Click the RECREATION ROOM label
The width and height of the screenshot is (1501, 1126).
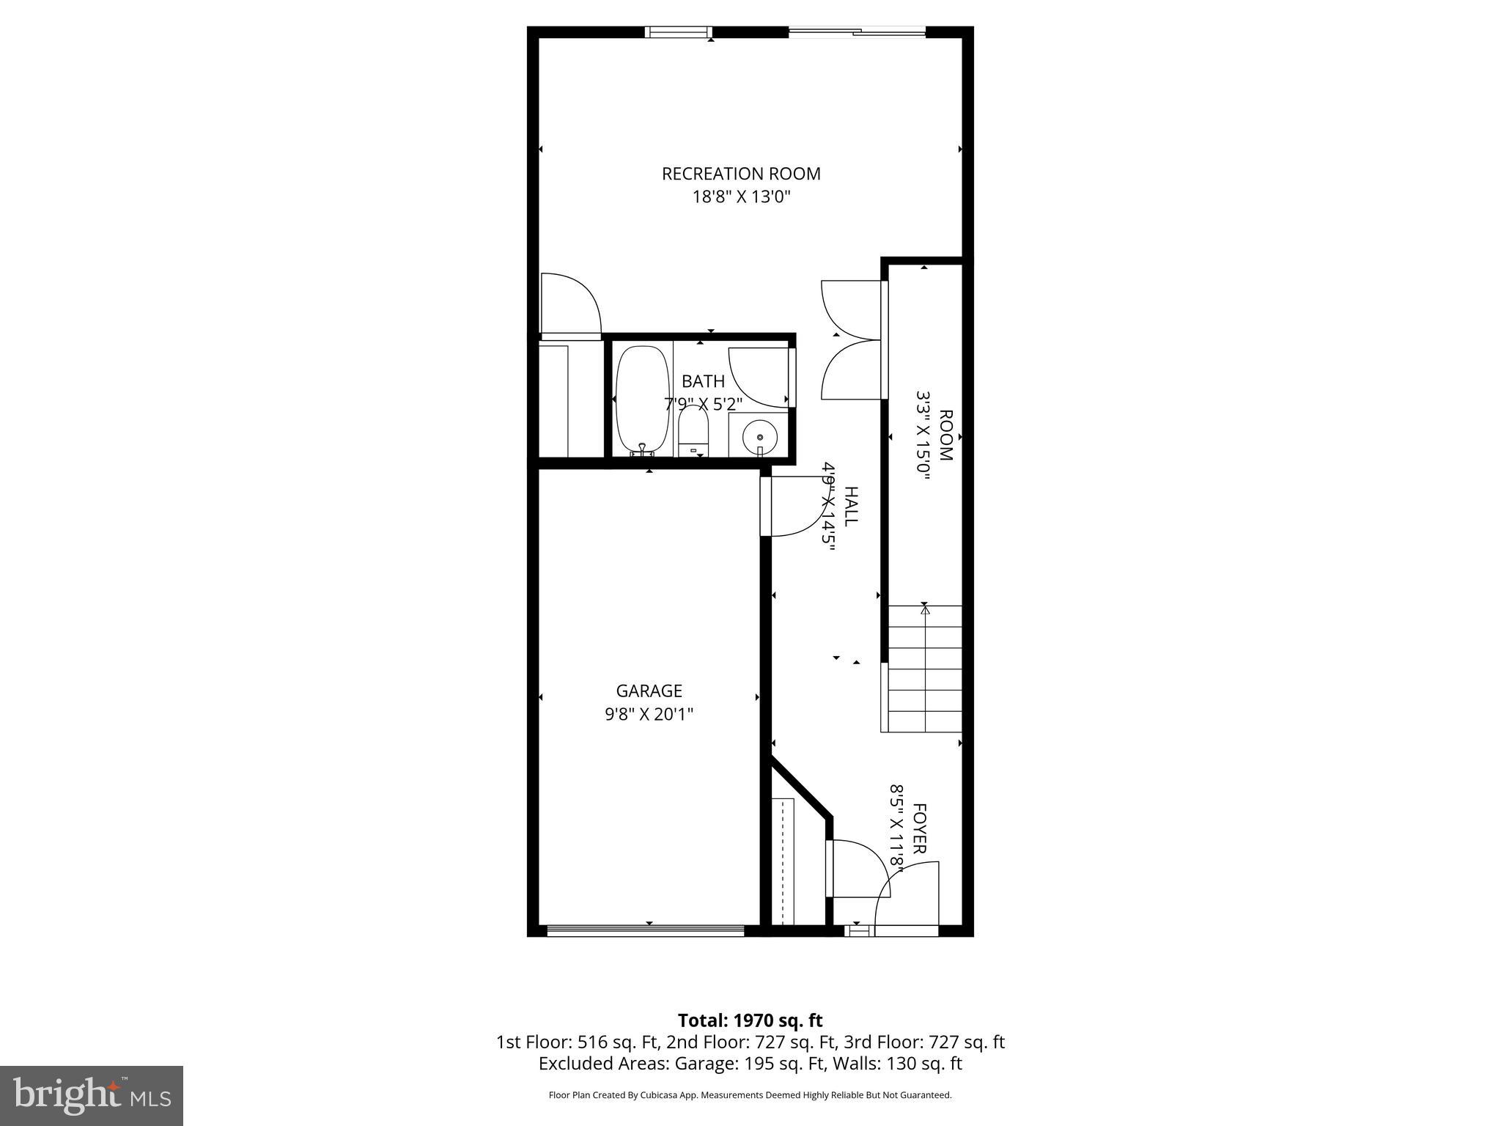click(x=741, y=174)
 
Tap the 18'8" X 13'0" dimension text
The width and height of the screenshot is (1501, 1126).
click(x=741, y=197)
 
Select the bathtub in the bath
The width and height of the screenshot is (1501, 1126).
click(x=643, y=400)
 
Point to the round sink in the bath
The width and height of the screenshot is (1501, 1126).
click(x=759, y=438)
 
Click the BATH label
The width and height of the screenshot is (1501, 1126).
click(x=703, y=381)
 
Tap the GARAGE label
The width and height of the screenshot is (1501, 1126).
click(x=649, y=691)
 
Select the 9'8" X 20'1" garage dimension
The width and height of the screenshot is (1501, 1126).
click(x=649, y=714)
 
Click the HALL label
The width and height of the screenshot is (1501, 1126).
click(x=851, y=506)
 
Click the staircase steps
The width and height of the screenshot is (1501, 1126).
click(x=925, y=669)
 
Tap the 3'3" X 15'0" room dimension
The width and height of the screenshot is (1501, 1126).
click(x=923, y=435)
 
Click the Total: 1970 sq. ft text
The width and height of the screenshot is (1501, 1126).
click(x=750, y=1020)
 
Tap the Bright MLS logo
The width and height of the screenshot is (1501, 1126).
click(x=92, y=1095)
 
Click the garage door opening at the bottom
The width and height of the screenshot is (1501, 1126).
click(x=646, y=931)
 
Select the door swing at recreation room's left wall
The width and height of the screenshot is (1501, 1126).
click(x=569, y=305)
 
